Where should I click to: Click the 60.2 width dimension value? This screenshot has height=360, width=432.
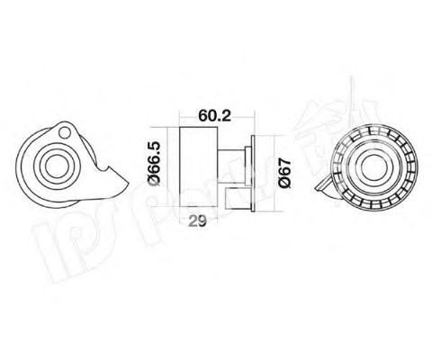pos(210,115)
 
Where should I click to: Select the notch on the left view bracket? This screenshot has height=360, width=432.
pos(105,171)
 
